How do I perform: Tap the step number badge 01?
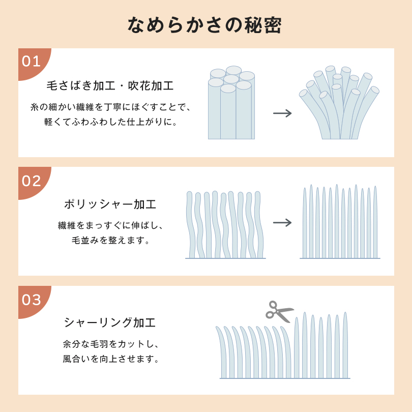coord(32,62)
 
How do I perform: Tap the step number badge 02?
coord(32,181)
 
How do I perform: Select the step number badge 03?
coord(32,300)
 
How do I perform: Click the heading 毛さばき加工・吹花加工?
coord(110,85)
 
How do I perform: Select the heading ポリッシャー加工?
coord(110,204)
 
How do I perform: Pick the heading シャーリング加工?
coord(110,322)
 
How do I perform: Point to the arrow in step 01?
coord(282,113)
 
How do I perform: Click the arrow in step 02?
coord(282,222)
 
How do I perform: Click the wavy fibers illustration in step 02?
coord(225,225)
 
